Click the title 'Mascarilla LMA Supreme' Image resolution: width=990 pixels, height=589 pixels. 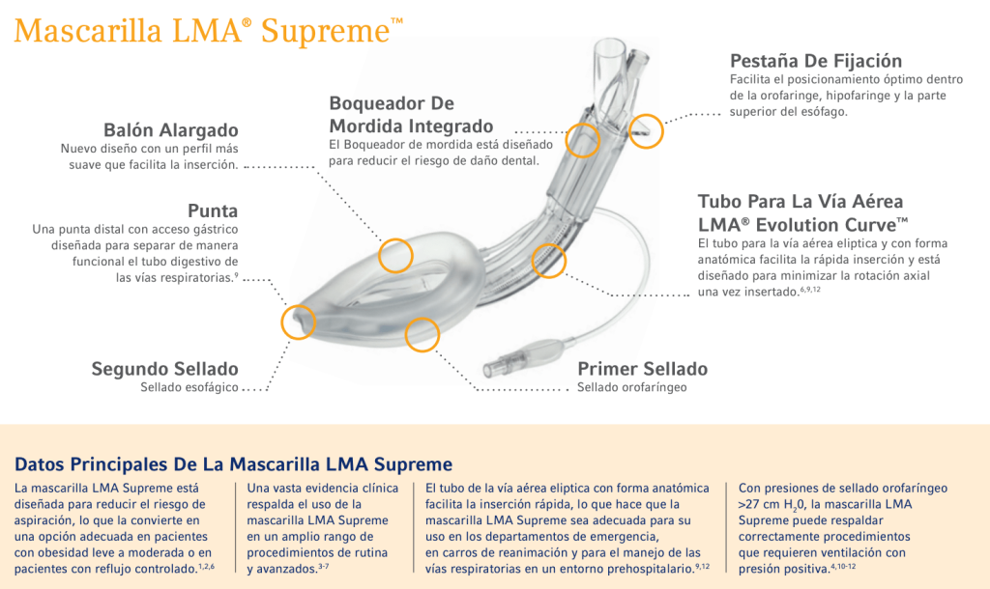pos(209,31)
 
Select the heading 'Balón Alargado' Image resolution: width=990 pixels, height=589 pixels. pos(171,130)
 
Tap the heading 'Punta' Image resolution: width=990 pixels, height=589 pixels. pos(213,210)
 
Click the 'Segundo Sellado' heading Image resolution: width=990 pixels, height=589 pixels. pos(164,369)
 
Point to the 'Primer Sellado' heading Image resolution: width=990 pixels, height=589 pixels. pos(642,369)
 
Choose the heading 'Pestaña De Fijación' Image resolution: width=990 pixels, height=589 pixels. pos(816,61)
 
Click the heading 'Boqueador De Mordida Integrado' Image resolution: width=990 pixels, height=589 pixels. pos(411,114)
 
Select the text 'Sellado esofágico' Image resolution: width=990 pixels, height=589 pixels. pos(189,388)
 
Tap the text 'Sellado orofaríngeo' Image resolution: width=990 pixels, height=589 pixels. pos(631,388)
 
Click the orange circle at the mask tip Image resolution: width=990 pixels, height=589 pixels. pos(298,322)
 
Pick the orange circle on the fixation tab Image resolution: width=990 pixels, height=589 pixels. pos(647,129)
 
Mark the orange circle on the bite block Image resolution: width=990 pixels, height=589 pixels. pos(583,140)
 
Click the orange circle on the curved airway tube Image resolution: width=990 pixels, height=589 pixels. pos(549,261)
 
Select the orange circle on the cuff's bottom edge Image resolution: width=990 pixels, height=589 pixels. pos(422,334)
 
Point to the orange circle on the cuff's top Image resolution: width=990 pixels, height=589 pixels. pos(395,255)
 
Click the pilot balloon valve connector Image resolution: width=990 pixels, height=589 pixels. pos(502,365)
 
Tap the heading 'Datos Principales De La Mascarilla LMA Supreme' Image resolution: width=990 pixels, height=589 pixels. pos(234,463)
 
